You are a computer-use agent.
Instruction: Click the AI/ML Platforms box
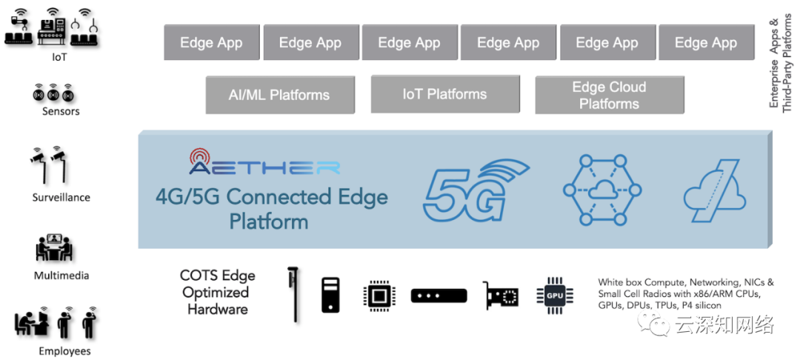pyautogui.click(x=279, y=95)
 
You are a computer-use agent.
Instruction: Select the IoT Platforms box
pyautogui.click(x=444, y=94)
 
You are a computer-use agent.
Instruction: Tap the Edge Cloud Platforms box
pyautogui.click(x=609, y=95)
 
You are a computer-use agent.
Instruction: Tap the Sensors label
pyautogui.click(x=61, y=111)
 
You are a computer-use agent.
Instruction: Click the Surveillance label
pyautogui.click(x=61, y=198)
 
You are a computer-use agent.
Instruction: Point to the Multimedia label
pyautogui.click(x=61, y=276)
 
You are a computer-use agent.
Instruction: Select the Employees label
pyautogui.click(x=64, y=351)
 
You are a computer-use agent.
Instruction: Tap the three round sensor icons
pyautogui.click(x=53, y=94)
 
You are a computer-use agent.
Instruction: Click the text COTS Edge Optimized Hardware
pyautogui.click(x=217, y=292)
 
